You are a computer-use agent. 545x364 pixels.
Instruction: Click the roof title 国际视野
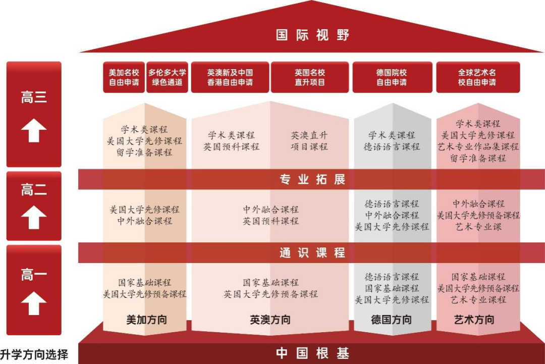pyautogui.click(x=312, y=35)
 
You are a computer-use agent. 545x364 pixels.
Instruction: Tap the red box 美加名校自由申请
pyautogui.click(x=124, y=77)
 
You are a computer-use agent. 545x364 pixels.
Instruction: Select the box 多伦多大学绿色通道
pyautogui.click(x=167, y=77)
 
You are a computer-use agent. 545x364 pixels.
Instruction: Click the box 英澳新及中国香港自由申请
pyautogui.click(x=230, y=77)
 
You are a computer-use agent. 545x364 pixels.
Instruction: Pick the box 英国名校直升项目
pyautogui.click(x=310, y=77)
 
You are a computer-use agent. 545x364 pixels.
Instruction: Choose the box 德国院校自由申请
pyautogui.click(x=392, y=77)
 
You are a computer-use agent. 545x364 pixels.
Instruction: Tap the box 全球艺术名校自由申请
pyautogui.click(x=477, y=77)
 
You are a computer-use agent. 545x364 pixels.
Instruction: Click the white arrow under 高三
pyautogui.click(x=34, y=131)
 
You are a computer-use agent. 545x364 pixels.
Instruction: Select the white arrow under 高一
pyautogui.click(x=34, y=303)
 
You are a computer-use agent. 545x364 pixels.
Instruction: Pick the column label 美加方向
pyautogui.click(x=146, y=320)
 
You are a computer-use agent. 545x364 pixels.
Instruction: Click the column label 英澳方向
pyautogui.click(x=270, y=320)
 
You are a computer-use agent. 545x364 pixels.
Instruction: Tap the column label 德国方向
pyautogui.click(x=392, y=320)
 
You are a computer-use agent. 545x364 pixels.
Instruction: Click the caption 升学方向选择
pyautogui.click(x=34, y=354)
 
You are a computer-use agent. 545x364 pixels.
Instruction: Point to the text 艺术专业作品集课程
pyautogui.click(x=478, y=146)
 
